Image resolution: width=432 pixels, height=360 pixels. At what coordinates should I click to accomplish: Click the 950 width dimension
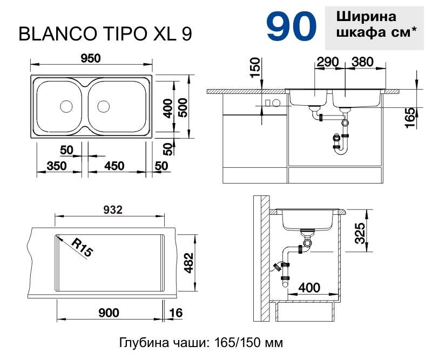tap(91, 58)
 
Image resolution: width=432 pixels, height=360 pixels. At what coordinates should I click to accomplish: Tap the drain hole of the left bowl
tap(66, 106)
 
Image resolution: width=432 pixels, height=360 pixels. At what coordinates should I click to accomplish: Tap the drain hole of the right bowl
tap(103, 106)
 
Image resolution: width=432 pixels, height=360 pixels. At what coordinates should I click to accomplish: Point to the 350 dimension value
tap(57, 166)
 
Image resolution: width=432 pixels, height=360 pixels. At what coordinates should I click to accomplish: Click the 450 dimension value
tap(114, 166)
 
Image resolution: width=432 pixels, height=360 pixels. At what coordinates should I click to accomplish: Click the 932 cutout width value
tap(113, 210)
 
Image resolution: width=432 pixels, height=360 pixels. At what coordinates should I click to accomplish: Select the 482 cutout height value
tap(189, 263)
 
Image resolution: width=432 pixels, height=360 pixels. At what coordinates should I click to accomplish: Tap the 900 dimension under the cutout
tap(109, 313)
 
